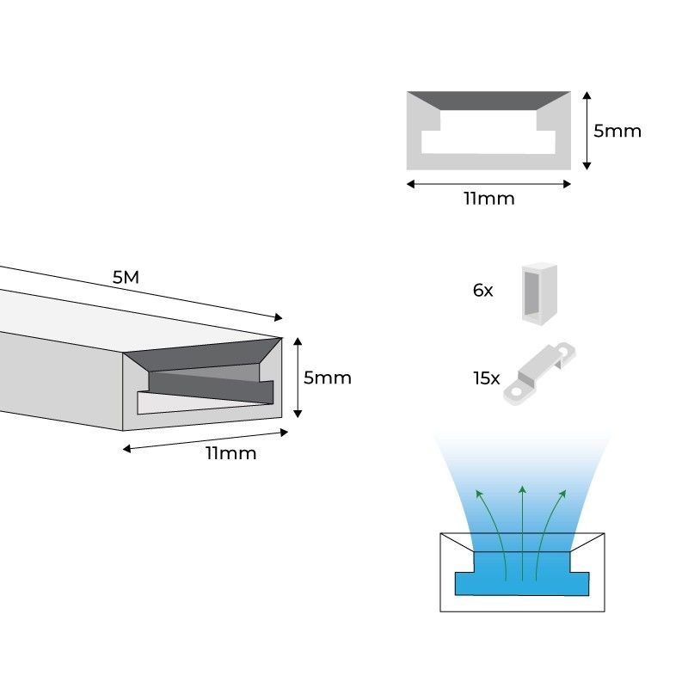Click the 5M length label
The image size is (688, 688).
coord(126,278)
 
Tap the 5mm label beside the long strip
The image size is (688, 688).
coord(327,378)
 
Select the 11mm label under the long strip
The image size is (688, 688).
coord(230,453)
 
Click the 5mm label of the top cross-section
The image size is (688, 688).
coord(617,132)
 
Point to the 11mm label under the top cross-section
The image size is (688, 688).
coord(488,200)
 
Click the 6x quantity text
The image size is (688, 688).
coord(482,291)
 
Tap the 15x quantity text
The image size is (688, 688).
coord(486,378)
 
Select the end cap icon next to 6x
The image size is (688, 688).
coord(538,293)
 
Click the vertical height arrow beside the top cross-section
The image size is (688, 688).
coord(587,131)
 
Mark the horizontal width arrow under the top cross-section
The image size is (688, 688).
coord(488,183)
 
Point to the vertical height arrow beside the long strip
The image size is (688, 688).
coord(298,378)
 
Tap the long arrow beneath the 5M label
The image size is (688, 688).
coord(138,294)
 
